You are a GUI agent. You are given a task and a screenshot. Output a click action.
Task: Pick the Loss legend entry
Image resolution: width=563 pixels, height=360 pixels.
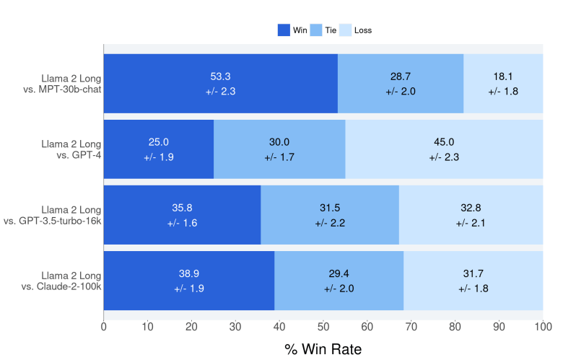coord(346,30)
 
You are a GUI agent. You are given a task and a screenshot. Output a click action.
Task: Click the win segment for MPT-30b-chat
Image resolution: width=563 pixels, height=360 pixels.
coord(221,83)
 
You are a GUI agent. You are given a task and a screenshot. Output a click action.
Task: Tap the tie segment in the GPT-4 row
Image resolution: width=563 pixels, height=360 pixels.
coord(279,149)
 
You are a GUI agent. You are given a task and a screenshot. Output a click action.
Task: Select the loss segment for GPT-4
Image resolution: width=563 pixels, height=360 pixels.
coord(444,149)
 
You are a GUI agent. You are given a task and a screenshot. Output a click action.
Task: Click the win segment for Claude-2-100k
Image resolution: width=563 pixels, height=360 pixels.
coord(189,281)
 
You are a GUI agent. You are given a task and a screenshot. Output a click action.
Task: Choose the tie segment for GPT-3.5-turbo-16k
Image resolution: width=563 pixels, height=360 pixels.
coord(330,215)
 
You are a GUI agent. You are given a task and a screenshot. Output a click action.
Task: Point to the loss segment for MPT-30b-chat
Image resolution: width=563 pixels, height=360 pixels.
coord(503,83)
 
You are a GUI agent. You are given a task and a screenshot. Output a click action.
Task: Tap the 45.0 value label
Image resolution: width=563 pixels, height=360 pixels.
coord(444,142)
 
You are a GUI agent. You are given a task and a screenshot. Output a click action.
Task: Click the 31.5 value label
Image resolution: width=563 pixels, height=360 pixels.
coord(330,208)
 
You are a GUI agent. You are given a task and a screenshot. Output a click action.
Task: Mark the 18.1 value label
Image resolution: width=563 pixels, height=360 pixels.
coord(503,76)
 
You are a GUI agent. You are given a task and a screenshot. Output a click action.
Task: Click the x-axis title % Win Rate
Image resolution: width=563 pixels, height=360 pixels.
coord(323,349)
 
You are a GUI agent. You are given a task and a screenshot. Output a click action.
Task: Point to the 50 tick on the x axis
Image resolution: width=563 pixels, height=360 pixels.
coord(323,327)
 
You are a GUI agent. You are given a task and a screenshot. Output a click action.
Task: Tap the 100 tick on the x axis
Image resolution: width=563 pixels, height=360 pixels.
coord(543,327)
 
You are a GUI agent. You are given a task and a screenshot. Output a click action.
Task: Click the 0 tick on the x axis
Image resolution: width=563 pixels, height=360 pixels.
coord(104,327)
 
